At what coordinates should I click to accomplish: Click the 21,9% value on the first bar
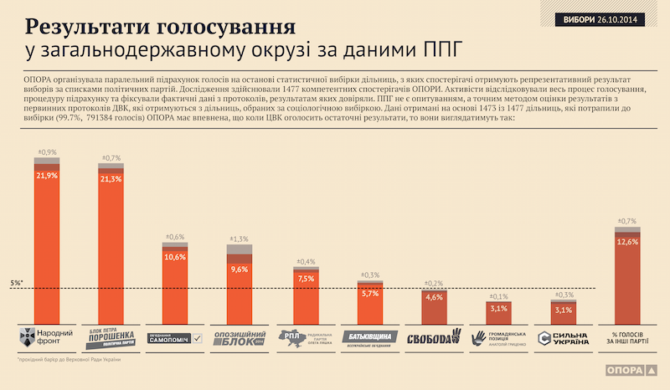(47, 176)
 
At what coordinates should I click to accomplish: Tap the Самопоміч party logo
(175, 338)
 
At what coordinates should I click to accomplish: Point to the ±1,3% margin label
(240, 239)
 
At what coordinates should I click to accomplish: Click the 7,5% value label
(306, 279)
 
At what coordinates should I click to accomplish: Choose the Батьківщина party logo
(370, 338)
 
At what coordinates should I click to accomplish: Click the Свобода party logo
(435, 338)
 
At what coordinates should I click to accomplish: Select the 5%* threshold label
(17, 283)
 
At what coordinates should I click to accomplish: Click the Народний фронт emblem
(28, 338)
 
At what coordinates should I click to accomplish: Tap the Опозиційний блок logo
(240, 338)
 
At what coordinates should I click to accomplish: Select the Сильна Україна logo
(563, 338)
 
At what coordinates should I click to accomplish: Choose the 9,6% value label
(240, 269)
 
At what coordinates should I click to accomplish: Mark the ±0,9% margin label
(47, 151)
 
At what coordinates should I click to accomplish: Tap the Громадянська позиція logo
(499, 338)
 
